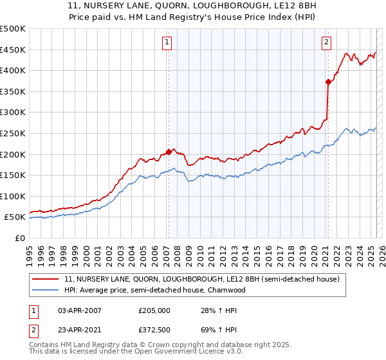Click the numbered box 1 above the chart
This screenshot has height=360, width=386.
(167, 42)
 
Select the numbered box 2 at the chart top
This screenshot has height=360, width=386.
(326, 42)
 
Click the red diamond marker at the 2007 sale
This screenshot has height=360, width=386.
(169, 152)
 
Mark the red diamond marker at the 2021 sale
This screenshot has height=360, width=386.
(328, 82)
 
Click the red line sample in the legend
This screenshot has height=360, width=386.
(47, 279)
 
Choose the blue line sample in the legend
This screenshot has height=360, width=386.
(47, 290)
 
